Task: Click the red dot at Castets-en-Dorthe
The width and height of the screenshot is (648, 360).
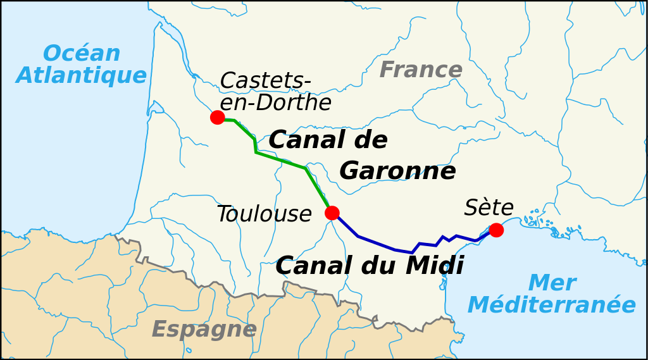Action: [217, 117]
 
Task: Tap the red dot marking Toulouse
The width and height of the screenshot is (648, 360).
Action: [332, 213]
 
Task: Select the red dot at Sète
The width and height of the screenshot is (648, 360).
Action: [496, 230]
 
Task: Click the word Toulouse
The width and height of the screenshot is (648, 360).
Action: [264, 214]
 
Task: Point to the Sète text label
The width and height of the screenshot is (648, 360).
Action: [489, 208]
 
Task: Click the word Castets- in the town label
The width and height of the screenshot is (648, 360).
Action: [265, 81]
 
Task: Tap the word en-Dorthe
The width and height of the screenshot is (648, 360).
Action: [275, 102]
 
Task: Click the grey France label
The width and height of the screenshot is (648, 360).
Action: [421, 70]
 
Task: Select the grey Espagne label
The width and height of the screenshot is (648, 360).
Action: [204, 329]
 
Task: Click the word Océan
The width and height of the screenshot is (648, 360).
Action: [81, 54]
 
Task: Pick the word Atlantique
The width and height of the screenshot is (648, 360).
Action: [81, 75]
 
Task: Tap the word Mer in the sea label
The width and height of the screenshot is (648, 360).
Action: [552, 283]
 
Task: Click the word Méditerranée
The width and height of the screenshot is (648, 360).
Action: [551, 305]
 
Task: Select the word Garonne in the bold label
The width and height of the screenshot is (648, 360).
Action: [397, 171]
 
